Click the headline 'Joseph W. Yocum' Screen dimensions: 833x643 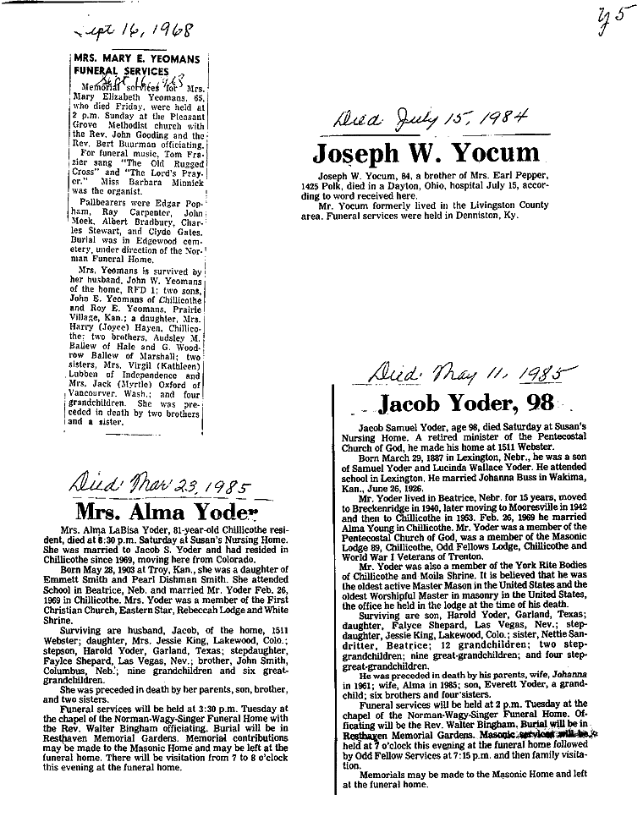tap(426, 153)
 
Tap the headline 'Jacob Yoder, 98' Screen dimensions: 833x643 tap(465, 402)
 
